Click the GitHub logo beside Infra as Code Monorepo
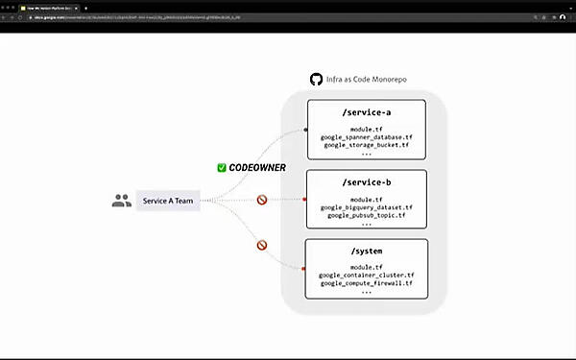316,80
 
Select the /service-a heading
366,113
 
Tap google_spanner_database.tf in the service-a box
366,137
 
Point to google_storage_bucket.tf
366,145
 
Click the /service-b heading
366,182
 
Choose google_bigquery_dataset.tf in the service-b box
366,206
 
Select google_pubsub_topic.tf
366,214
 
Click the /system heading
366,252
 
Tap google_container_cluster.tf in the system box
366,275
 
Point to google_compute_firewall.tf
366,283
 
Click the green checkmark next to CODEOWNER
222,167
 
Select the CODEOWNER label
257,167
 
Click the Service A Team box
168,201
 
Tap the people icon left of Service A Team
121,201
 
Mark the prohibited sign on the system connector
261,245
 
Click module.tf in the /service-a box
366,130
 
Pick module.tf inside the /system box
366,267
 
